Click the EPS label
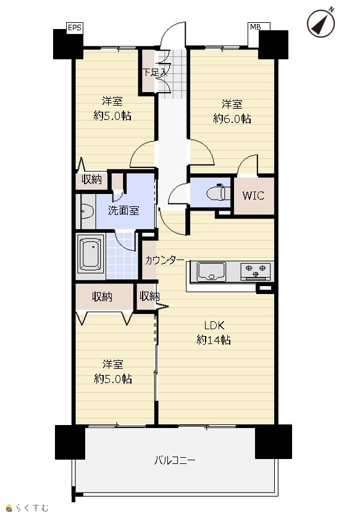click(x=74, y=28)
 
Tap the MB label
click(x=256, y=27)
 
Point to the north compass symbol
click(x=321, y=23)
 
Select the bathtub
click(x=91, y=255)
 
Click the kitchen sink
click(x=211, y=271)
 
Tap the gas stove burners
click(x=256, y=271)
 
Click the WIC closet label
click(x=253, y=195)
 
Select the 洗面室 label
click(x=123, y=211)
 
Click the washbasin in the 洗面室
click(x=87, y=211)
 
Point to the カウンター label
click(x=165, y=260)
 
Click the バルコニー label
click(x=175, y=460)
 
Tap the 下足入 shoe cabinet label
click(x=155, y=72)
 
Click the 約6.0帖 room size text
click(x=232, y=119)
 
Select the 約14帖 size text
click(x=214, y=340)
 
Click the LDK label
click(x=214, y=326)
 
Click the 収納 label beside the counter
click(x=149, y=297)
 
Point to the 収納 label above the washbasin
click(x=91, y=180)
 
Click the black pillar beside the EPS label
click(x=68, y=44)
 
